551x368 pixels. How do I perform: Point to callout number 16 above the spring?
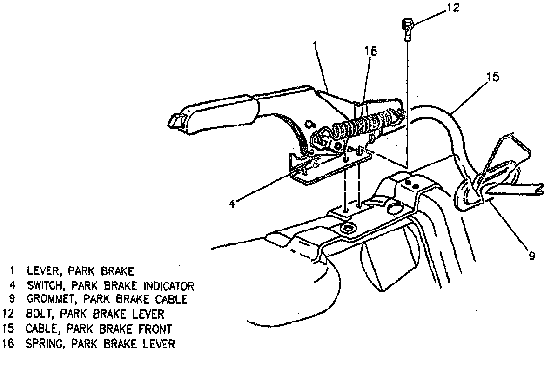pos(371,50)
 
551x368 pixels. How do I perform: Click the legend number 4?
pos(12,285)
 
